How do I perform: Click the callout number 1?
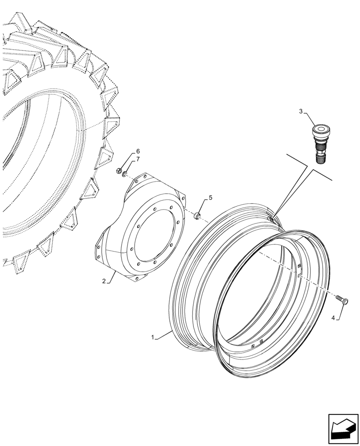153,338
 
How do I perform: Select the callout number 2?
103,281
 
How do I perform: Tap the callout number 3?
301,111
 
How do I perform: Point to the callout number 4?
333,318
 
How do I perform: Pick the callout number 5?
211,198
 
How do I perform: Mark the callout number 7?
138,159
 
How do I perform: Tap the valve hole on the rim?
271,219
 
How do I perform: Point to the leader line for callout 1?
164,334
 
